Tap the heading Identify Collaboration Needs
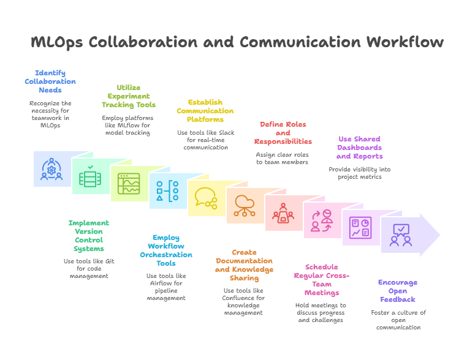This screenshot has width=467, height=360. pos(50,81)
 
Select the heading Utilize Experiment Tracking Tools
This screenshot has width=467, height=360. pos(128,96)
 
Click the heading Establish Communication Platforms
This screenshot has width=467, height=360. pos(205,111)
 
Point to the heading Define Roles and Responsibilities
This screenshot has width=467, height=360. pos(283,133)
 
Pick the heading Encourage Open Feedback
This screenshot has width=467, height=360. pos(398,291)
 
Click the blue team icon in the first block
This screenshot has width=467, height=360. pos(52,169)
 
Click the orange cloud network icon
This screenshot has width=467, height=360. pos(245,205)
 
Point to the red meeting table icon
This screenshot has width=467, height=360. pos(283,212)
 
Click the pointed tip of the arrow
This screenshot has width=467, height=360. pos(440,235)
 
